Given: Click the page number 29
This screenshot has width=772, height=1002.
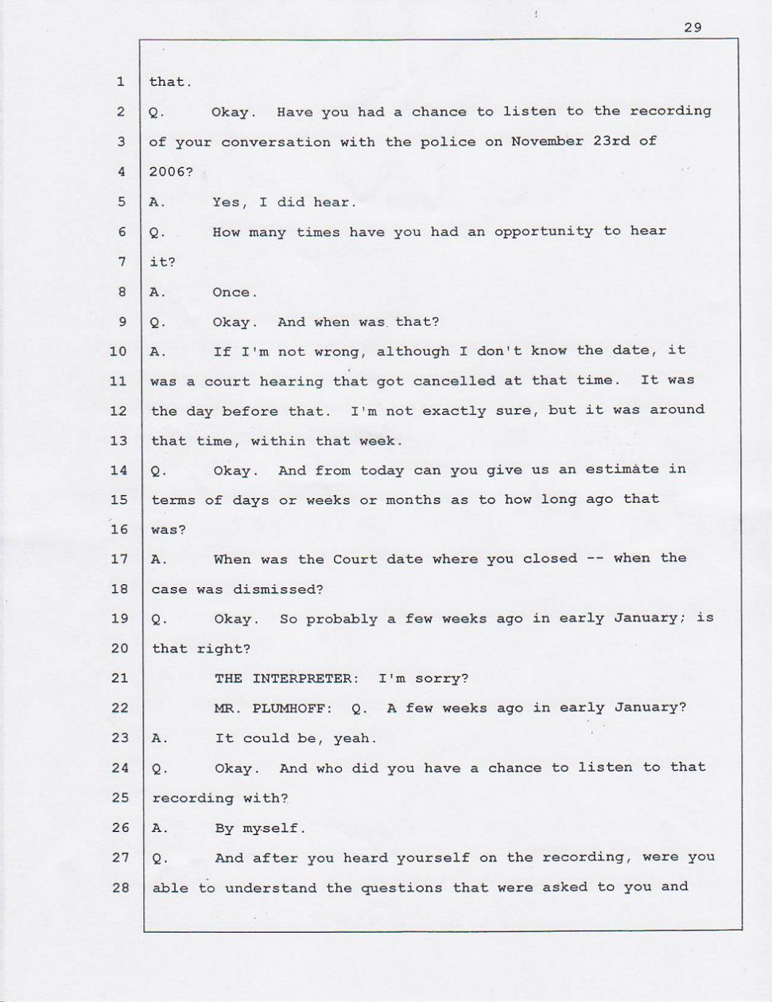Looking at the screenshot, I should [692, 28].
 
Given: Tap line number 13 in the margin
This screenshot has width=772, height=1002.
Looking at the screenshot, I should [118, 440].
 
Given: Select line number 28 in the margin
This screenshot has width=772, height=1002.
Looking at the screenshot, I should [120, 887].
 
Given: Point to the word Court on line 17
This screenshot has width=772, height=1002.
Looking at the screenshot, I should [355, 559].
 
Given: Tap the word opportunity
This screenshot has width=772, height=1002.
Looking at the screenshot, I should [543, 231].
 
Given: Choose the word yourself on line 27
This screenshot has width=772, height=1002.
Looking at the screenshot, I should [433, 858].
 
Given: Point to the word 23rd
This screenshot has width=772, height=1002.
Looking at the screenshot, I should [611, 141].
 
